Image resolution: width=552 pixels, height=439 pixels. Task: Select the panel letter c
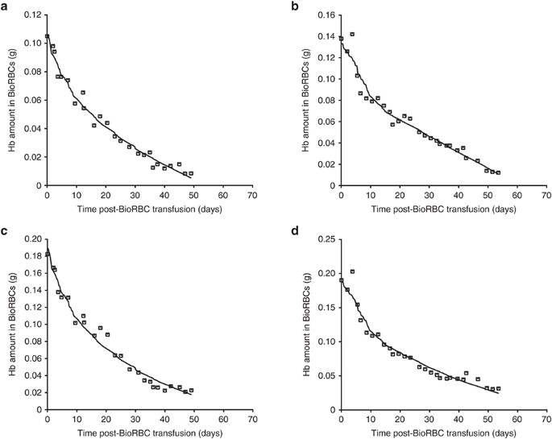click(x=6, y=230)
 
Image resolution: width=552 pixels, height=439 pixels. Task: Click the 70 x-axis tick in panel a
click(x=252, y=195)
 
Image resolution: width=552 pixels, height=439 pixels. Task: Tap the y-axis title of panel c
click(x=12, y=325)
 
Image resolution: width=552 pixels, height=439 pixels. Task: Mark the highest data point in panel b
click(x=352, y=35)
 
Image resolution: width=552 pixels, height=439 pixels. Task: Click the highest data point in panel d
click(x=352, y=271)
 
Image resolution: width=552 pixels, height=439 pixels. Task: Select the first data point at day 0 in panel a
click(x=47, y=36)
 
